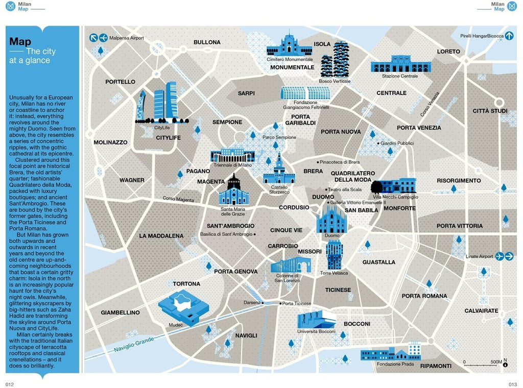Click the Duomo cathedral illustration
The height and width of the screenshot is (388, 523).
tap(331, 219)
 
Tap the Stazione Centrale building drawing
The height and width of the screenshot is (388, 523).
tap(401, 65)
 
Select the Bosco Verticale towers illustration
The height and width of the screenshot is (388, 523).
tap(335, 60)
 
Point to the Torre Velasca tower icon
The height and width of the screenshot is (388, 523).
tap(334, 255)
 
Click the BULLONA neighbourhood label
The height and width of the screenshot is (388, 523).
tap(207, 42)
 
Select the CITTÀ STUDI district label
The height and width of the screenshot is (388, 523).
tap(490, 111)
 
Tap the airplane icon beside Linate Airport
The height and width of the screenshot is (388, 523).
tap(500, 256)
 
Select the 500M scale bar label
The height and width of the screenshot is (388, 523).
tap(496, 361)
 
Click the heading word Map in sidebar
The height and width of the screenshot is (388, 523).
tap(20, 42)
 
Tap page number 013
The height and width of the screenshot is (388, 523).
tap(512, 384)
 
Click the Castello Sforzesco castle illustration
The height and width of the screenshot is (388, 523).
tap(279, 171)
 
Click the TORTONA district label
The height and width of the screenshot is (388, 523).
tap(186, 284)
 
